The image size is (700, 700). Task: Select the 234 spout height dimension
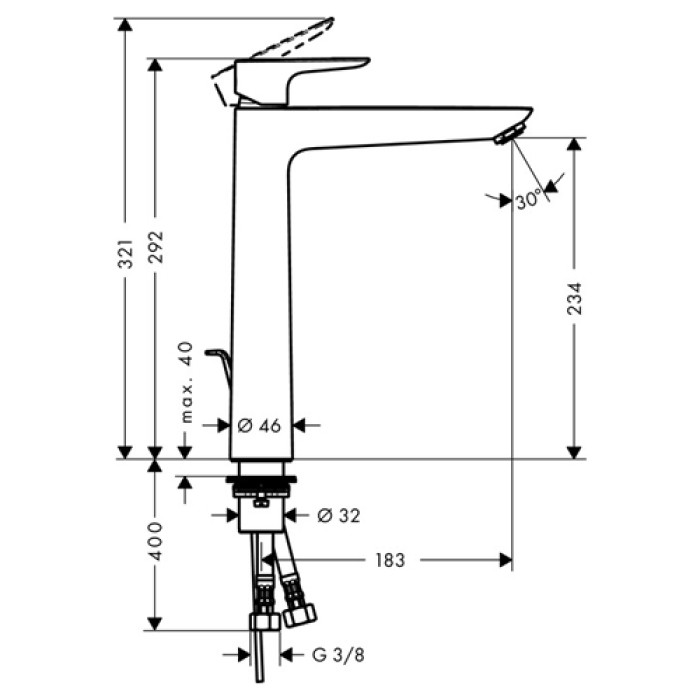tap(574, 299)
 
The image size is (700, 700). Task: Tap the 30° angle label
tap(529, 199)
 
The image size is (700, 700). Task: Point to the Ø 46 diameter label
tap(258, 425)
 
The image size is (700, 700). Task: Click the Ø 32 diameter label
tap(338, 516)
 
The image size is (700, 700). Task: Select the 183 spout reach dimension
tap(391, 561)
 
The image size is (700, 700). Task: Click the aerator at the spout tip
tap(509, 134)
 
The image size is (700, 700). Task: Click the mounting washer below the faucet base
tap(262, 484)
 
